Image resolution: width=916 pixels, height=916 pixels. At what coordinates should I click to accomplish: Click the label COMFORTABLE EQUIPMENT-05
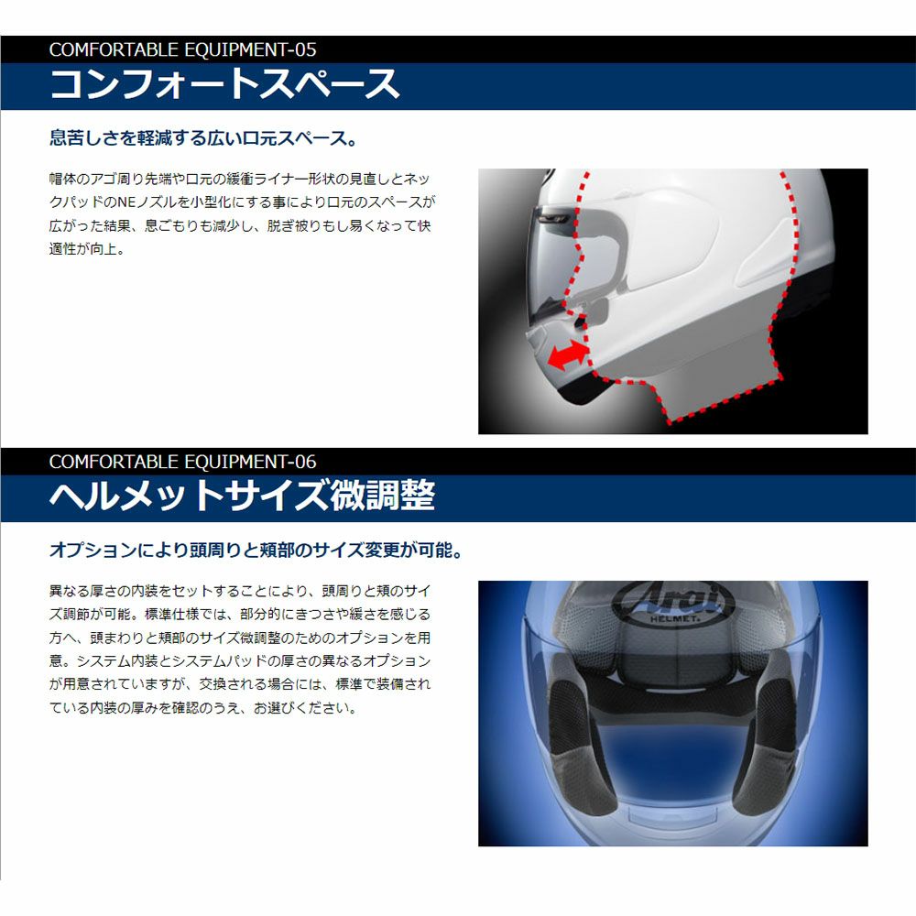[183, 49]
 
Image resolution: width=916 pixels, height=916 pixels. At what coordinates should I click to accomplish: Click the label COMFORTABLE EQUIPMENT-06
[183, 462]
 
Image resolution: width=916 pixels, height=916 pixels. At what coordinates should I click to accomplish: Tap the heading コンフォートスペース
[225, 84]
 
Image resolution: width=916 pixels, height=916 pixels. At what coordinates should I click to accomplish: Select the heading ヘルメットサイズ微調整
[243, 496]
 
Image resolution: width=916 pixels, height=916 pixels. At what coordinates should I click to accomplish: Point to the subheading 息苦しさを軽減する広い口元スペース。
[203, 138]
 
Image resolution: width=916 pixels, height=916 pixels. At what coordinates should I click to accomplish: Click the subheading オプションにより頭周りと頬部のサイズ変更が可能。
[256, 550]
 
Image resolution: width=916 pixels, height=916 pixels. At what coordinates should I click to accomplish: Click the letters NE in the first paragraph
[126, 202]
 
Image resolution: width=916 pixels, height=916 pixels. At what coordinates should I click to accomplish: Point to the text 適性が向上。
[87, 249]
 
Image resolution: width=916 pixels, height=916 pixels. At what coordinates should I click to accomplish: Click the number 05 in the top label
[306, 49]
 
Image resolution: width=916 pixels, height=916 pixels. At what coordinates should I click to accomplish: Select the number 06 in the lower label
[306, 462]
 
